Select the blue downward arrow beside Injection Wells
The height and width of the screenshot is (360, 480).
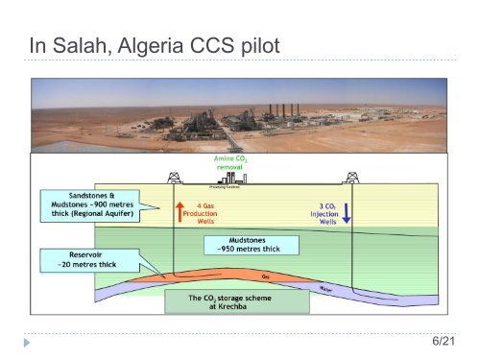347,211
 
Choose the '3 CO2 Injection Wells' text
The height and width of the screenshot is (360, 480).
320,212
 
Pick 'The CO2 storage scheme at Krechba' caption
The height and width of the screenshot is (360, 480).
236,302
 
